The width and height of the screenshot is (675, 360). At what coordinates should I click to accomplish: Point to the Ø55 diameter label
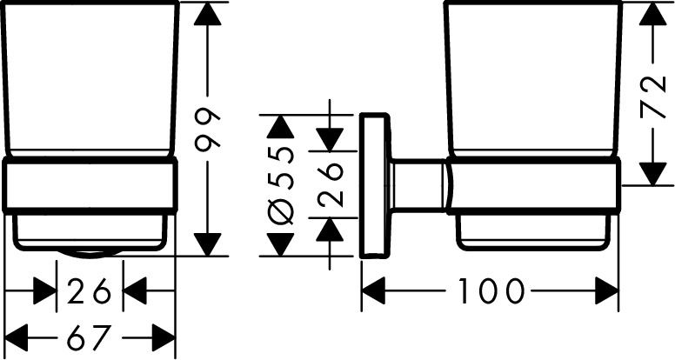[280, 186]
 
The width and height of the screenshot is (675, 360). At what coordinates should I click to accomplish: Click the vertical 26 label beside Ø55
[330, 183]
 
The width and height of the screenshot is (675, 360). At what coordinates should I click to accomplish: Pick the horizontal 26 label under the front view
[90, 291]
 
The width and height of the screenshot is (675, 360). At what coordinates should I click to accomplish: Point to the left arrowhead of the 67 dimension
[18, 334]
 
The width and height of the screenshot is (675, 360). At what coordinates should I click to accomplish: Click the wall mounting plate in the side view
[375, 184]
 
